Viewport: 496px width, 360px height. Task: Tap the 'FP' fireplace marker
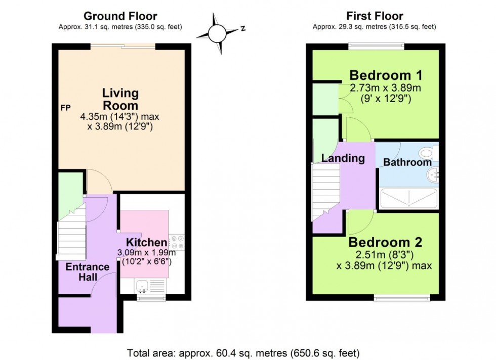point(65,108)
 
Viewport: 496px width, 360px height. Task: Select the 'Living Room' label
point(120,99)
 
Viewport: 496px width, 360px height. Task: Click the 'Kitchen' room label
point(146,242)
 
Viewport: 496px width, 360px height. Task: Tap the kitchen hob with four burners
point(177,242)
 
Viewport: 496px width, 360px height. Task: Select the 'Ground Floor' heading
point(120,17)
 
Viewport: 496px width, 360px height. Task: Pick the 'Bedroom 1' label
point(386,75)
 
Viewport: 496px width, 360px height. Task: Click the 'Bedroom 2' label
point(385,242)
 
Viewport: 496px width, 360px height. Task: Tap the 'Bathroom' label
point(407,162)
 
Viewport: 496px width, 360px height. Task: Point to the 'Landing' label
point(343,158)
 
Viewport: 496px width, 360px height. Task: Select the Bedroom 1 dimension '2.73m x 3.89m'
point(386,88)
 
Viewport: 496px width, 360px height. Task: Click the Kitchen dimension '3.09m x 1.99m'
point(146,253)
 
